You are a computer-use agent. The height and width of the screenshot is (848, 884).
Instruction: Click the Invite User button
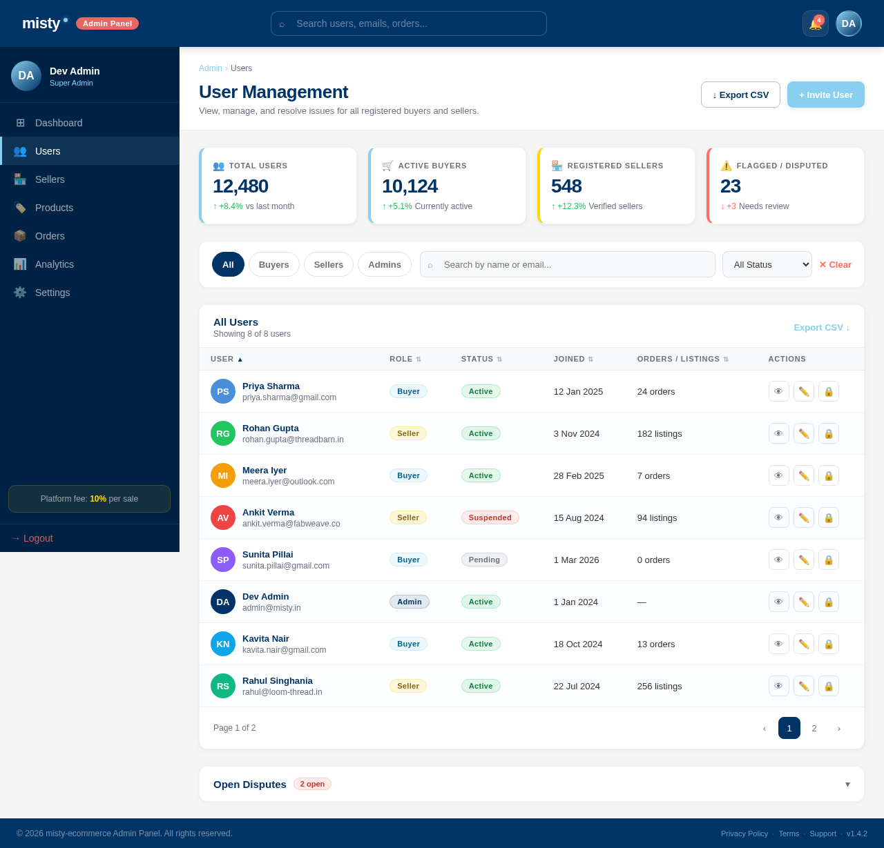[825, 95]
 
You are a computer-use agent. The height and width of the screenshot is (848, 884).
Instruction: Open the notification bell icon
[815, 23]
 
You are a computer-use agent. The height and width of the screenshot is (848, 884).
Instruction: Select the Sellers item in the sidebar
[50, 179]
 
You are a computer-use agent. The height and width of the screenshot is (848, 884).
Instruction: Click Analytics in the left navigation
[54, 264]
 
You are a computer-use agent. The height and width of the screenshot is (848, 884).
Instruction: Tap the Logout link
[32, 538]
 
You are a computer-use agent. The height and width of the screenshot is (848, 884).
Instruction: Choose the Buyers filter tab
[273, 264]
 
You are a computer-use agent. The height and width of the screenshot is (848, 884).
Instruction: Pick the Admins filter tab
[384, 264]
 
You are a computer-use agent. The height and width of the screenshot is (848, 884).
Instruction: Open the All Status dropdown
[767, 264]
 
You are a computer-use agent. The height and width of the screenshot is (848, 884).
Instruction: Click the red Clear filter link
[835, 264]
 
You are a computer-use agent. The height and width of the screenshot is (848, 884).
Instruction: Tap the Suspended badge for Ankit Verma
[490, 517]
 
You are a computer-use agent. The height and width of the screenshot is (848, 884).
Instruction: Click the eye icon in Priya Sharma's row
[778, 391]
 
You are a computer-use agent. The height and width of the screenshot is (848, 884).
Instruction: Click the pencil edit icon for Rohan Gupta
[803, 433]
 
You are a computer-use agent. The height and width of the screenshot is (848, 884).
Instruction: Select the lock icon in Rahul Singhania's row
[828, 686]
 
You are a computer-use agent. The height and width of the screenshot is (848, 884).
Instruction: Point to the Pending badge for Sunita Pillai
[484, 560]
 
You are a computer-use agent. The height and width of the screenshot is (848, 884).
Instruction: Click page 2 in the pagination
[814, 728]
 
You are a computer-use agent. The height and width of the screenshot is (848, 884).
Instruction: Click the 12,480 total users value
[240, 186]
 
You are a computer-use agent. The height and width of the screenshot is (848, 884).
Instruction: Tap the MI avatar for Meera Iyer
[223, 475]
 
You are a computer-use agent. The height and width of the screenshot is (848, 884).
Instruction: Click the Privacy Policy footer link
[744, 834]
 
